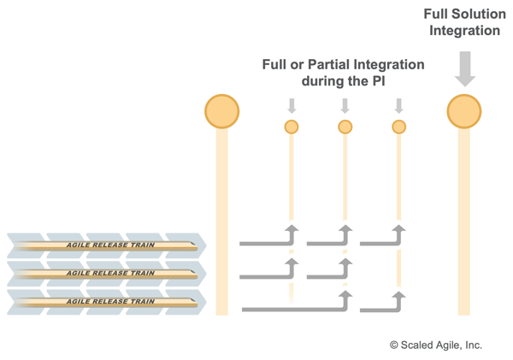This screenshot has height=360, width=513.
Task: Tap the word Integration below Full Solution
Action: [464, 31]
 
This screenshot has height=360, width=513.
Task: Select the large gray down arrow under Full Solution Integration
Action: [464, 68]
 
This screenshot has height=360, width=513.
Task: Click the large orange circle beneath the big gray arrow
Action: [464, 111]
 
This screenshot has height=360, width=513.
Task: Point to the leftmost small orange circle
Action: [292, 127]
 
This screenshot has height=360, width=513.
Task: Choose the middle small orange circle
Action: [345, 127]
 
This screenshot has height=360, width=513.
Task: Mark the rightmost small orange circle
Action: [398, 127]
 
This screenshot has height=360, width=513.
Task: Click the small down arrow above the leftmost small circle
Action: [292, 106]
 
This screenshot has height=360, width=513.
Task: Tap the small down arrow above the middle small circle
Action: [345, 106]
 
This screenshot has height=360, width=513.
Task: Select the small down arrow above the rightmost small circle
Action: [398, 106]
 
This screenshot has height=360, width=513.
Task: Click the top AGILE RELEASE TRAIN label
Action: [110, 245]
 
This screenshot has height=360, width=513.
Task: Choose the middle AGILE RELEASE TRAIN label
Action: [110, 273]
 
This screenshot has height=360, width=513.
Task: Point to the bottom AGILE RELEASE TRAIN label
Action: [110, 301]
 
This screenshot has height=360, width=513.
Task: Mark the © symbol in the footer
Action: [394, 345]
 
